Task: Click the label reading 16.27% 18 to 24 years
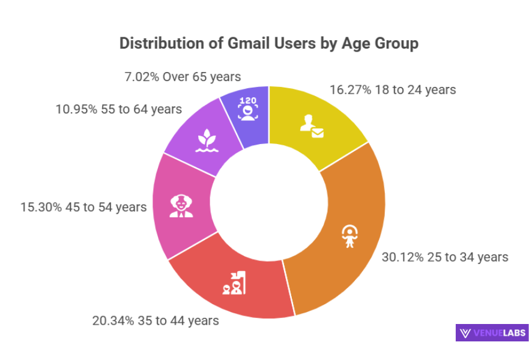[393, 90]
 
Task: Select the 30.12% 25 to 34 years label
[445, 257]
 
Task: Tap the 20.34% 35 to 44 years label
[155, 320]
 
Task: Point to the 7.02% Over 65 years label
[183, 77]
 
